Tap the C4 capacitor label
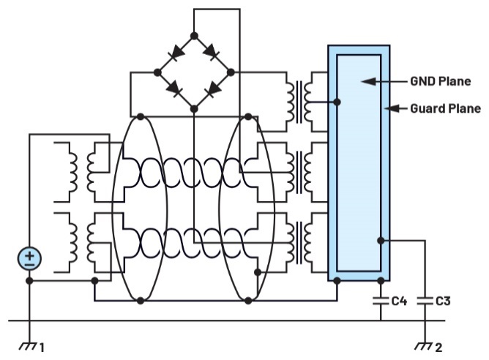(400, 300)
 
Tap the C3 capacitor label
(444, 300)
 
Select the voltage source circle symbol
(29, 258)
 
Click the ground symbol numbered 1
(28, 344)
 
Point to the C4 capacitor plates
(381, 300)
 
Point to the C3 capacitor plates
(424, 300)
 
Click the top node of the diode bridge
(194, 36)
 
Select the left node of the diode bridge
(158, 72)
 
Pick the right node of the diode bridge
(231, 72)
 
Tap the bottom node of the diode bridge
(194, 108)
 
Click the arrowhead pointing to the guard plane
(391, 109)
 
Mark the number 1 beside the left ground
(42, 348)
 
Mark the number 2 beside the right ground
(438, 348)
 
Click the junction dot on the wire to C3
(381, 240)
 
